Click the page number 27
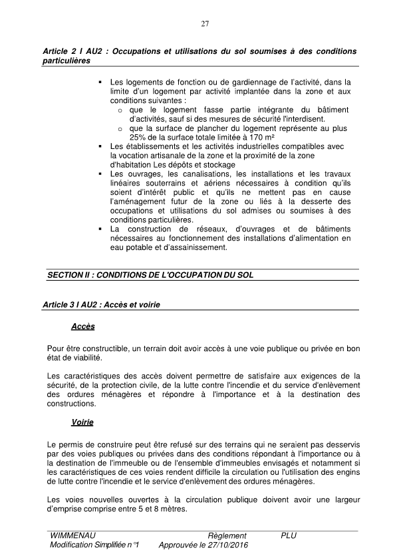tap(205, 25)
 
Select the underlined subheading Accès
tap(83, 327)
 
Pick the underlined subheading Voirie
tap(83, 422)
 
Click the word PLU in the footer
tap(289, 535)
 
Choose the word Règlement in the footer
tap(227, 535)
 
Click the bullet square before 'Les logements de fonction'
tap(99, 81)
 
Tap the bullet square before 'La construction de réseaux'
tap(99, 229)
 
